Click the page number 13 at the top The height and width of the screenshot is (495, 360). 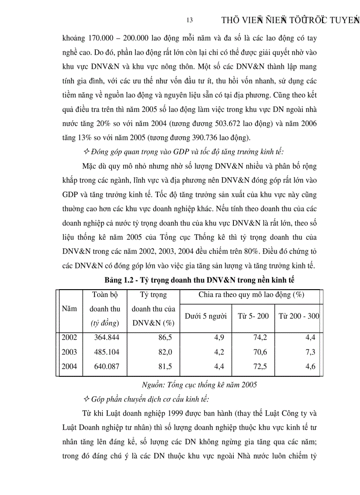[x=190, y=20]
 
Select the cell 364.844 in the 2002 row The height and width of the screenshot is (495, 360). [x=106, y=338]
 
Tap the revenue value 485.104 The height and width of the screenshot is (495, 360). [x=106, y=352]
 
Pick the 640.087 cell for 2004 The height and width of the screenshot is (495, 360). [x=106, y=367]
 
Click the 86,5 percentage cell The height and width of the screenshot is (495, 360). [x=165, y=338]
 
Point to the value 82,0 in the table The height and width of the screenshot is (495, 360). [x=165, y=352]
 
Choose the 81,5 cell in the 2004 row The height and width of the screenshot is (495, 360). [x=165, y=367]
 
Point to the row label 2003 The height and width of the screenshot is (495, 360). [x=69, y=352]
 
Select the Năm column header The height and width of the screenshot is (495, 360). [x=69, y=309]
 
